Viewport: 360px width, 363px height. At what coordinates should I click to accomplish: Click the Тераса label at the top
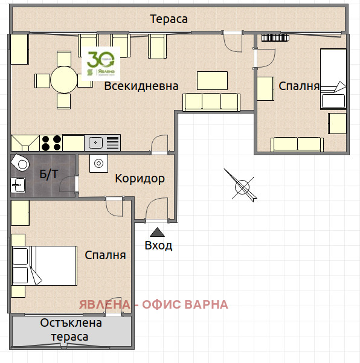[169, 19]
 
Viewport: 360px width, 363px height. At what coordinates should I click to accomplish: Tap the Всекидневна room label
[141, 86]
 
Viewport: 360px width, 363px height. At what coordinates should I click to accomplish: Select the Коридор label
[140, 179]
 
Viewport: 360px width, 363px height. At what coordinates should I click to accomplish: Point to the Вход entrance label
[158, 245]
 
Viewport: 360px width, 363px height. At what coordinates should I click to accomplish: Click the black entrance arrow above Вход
[157, 231]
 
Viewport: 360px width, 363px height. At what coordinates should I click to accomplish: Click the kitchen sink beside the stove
[95, 143]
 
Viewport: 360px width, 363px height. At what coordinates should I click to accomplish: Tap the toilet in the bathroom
[21, 162]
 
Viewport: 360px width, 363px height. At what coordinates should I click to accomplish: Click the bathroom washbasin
[18, 185]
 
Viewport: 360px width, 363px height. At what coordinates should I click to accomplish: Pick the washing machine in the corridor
[98, 163]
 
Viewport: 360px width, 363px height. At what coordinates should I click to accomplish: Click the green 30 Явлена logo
[101, 63]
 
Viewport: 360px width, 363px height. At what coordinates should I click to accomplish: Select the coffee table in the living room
[212, 80]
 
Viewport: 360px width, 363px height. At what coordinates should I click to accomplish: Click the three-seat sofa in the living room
[211, 101]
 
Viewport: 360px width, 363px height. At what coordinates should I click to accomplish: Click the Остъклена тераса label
[71, 330]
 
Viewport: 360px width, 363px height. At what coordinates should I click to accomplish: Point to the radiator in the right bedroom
[277, 38]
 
